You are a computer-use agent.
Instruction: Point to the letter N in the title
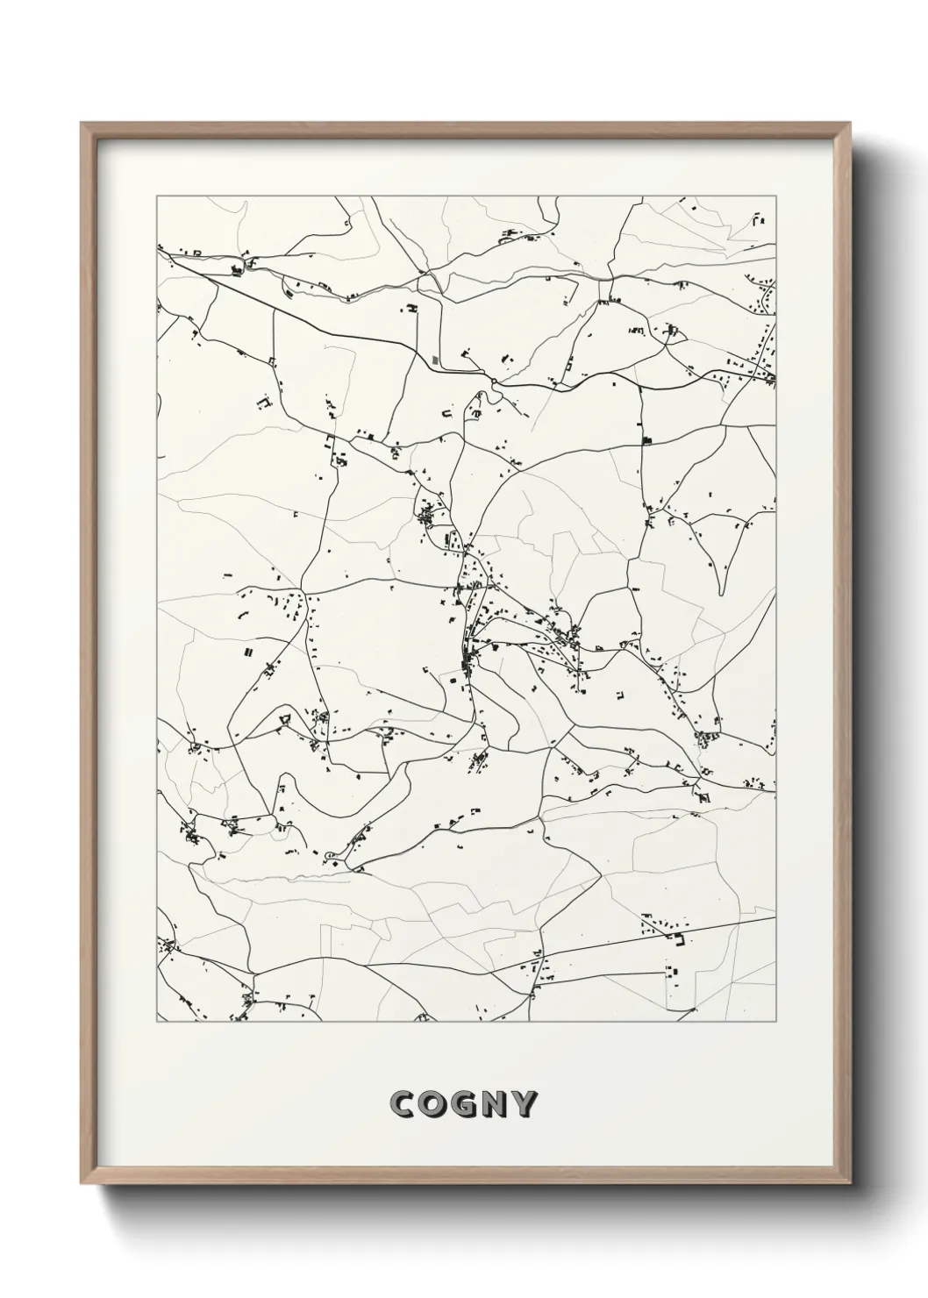[x=495, y=1104]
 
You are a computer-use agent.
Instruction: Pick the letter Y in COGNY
[x=525, y=1104]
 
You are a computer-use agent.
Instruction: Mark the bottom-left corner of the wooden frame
[x=82, y=1185]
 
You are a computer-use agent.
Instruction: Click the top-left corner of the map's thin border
[x=157, y=196]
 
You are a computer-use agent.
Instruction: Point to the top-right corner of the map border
[x=776, y=196]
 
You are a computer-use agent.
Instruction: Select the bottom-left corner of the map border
[x=157, y=1022]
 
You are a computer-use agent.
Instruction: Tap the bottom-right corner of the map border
[x=776, y=1022]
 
